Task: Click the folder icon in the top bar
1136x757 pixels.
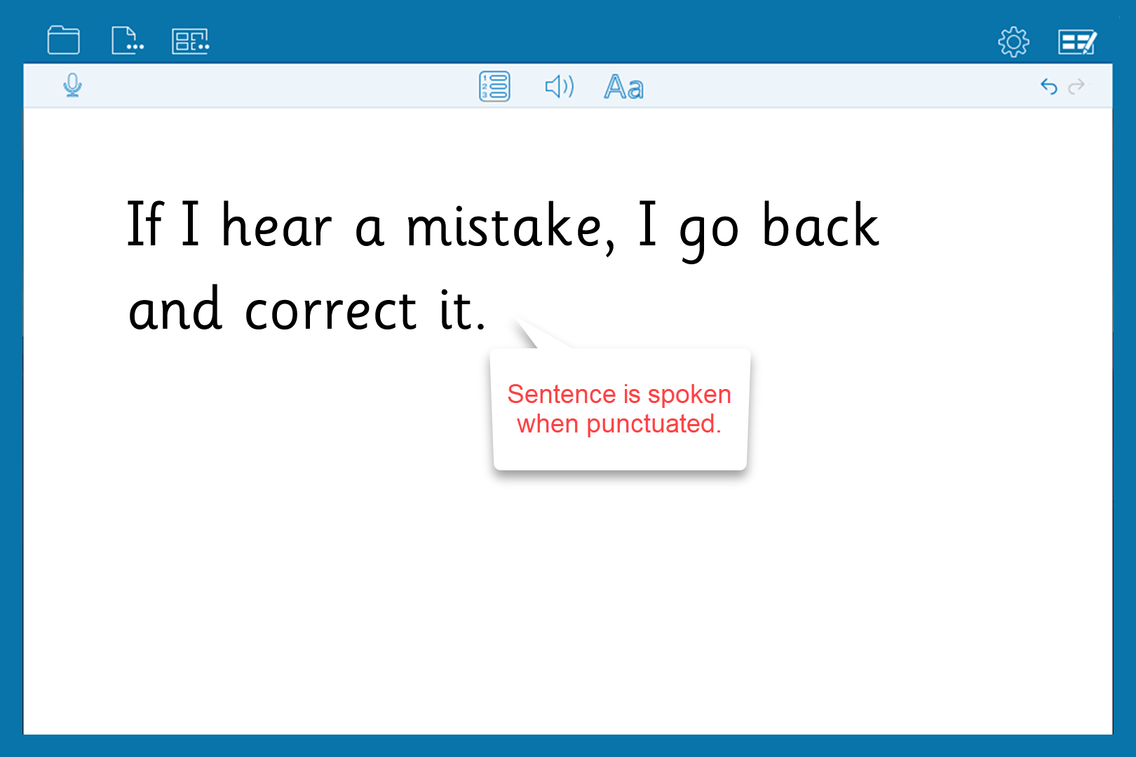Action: (63, 40)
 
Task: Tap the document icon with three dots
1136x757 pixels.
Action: (128, 41)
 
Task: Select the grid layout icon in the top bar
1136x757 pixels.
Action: (190, 41)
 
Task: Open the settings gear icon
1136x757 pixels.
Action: (1013, 41)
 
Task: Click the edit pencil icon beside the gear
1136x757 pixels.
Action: (1077, 41)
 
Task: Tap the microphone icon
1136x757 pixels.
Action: (72, 86)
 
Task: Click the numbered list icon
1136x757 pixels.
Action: (494, 86)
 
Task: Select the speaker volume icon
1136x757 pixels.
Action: (560, 87)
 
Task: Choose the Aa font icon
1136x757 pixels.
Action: (624, 87)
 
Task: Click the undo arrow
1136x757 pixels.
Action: (1048, 87)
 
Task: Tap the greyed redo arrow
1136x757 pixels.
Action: (1076, 87)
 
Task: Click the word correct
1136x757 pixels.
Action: (331, 309)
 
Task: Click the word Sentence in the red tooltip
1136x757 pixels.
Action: (561, 394)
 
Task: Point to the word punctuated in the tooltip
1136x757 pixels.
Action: (654, 424)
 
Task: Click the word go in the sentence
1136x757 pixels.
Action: (709, 231)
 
